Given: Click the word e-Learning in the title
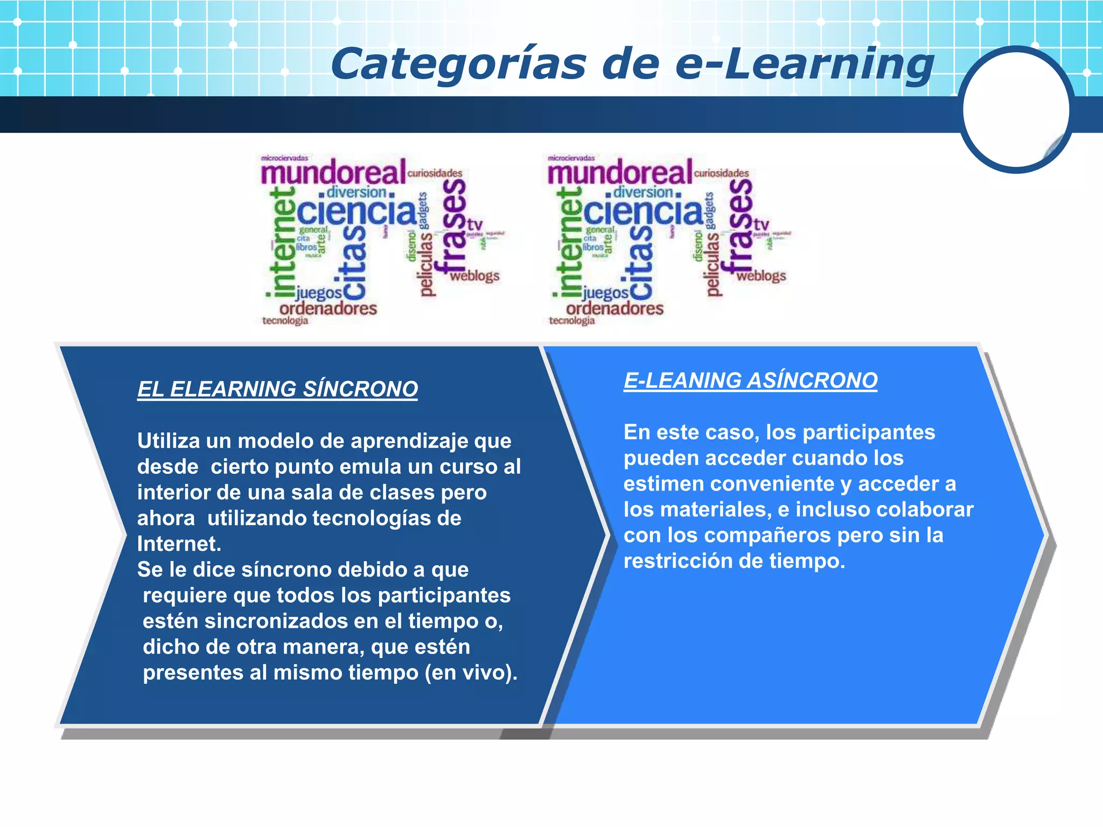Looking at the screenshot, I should click(804, 65).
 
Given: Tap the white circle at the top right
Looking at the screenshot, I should click(1016, 110).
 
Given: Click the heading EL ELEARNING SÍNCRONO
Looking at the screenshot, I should click(277, 389).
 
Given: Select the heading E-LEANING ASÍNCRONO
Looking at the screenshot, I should click(750, 381).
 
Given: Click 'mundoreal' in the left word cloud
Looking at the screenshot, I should click(333, 173).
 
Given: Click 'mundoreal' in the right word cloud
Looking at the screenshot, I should click(619, 173).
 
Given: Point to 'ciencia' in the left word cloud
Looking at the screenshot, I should click(357, 212).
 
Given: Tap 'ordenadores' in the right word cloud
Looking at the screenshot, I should click(615, 309).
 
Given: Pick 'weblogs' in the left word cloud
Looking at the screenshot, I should click(474, 276).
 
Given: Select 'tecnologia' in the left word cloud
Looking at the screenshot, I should click(285, 321).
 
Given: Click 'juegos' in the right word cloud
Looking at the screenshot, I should click(605, 293).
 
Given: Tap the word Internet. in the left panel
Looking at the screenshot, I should click(179, 544).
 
